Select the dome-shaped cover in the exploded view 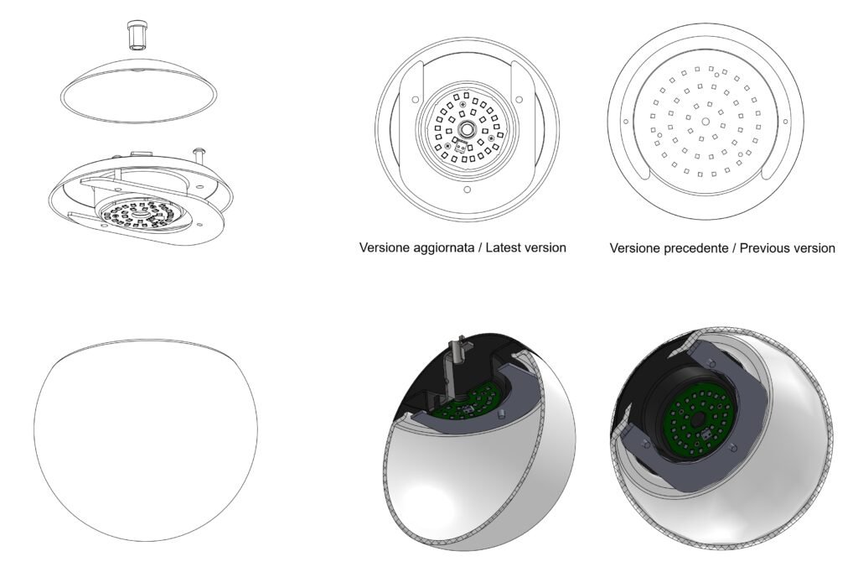138,90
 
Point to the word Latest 504,247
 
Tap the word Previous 764,247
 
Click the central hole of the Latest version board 467,129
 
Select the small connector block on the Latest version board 461,146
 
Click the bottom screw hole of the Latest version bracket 467,190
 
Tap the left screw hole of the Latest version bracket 416,100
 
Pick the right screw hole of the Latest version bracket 519,100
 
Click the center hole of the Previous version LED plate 706,122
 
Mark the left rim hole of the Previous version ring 626,122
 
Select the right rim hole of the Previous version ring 785,122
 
